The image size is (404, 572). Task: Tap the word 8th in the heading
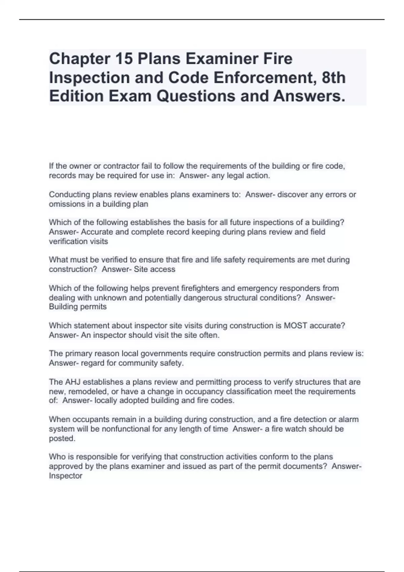(x=334, y=77)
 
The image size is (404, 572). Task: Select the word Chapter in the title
(x=79, y=59)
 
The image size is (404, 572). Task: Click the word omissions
(x=66, y=204)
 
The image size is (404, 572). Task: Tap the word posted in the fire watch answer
(x=62, y=438)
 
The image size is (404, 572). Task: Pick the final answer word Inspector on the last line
(x=66, y=476)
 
